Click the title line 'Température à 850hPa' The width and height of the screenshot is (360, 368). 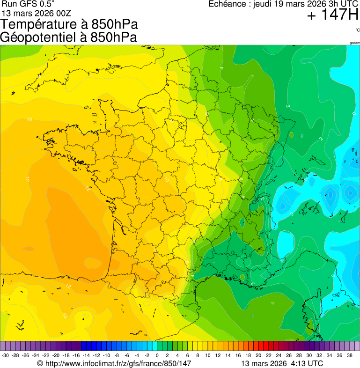(69, 25)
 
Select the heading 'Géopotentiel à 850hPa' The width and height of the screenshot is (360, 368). (68, 37)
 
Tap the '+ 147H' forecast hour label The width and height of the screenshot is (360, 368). (332, 15)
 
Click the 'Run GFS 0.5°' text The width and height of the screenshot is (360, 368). (28, 4)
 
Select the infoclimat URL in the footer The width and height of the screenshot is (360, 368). (114, 363)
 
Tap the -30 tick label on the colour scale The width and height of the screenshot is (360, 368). (6, 355)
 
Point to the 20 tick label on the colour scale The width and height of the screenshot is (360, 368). (258, 355)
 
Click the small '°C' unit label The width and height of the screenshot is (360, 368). (357, 30)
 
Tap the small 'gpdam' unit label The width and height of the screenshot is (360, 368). (354, 43)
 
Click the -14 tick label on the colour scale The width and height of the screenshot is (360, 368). (86, 355)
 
